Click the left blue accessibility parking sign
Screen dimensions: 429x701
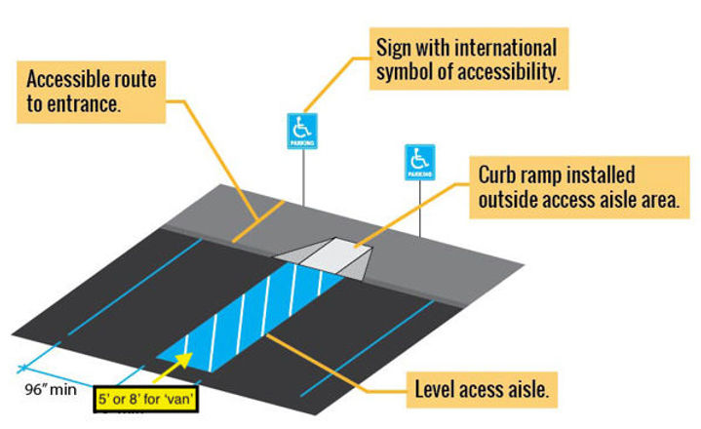tap(302, 130)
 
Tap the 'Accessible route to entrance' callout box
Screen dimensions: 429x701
tap(93, 89)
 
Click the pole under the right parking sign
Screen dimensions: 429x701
tap(420, 208)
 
